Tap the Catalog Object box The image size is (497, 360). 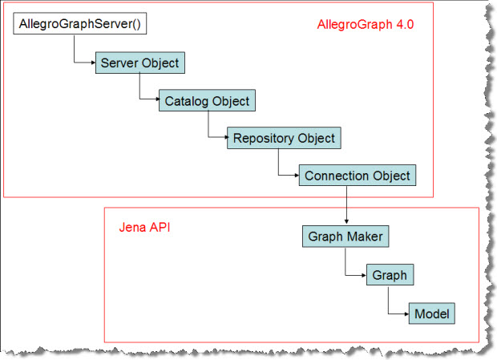coord(207,101)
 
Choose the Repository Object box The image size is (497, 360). coord(284,138)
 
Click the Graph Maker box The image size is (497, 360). coord(345,237)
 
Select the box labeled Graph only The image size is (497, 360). coord(389,275)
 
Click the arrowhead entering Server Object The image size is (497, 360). coord(93,63)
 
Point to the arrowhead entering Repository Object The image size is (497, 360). coord(225,138)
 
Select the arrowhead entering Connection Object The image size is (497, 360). coord(296,176)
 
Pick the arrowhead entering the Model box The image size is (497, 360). coord(406,313)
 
